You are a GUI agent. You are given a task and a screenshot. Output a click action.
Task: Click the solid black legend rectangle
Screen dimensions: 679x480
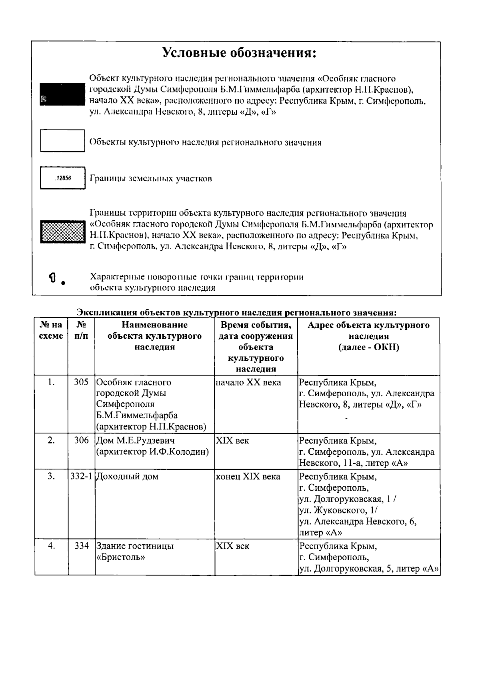pyautogui.click(x=62, y=94)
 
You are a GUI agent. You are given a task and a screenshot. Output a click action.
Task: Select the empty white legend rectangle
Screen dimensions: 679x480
pyautogui.click(x=62, y=140)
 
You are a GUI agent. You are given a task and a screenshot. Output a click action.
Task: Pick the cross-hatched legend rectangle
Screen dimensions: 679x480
pyautogui.click(x=62, y=232)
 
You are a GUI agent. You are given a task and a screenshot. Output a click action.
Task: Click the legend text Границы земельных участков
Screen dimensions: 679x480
pyautogui.click(x=151, y=178)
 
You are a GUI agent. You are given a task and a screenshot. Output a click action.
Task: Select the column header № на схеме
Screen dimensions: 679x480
pyautogui.click(x=51, y=330)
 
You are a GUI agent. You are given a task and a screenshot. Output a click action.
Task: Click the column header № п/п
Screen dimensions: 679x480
pyautogui.click(x=81, y=330)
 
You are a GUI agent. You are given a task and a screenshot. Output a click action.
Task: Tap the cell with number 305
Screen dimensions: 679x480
pyautogui.click(x=81, y=382)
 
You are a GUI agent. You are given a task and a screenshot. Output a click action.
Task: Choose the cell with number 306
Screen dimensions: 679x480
pyautogui.click(x=81, y=440)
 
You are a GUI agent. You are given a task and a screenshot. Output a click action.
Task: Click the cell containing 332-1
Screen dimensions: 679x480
pyautogui.click(x=81, y=476)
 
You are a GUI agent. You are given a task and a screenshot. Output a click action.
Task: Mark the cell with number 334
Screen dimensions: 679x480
pyautogui.click(x=81, y=545)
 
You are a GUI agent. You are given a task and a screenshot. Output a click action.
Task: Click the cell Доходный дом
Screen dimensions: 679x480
pyautogui.click(x=128, y=476)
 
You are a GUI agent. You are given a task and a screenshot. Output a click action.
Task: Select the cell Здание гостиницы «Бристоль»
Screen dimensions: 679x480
pyautogui.click(x=135, y=551)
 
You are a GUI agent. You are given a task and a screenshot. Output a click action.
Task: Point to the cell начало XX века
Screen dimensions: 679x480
pyautogui.click(x=248, y=382)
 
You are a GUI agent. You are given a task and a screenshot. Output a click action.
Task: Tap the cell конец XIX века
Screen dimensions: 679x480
pyautogui.click(x=248, y=476)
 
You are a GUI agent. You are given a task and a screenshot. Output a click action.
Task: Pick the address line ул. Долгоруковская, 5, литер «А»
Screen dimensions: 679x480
pyautogui.click(x=369, y=568)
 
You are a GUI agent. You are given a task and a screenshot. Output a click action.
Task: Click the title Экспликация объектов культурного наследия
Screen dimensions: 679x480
pyautogui.click(x=236, y=312)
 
